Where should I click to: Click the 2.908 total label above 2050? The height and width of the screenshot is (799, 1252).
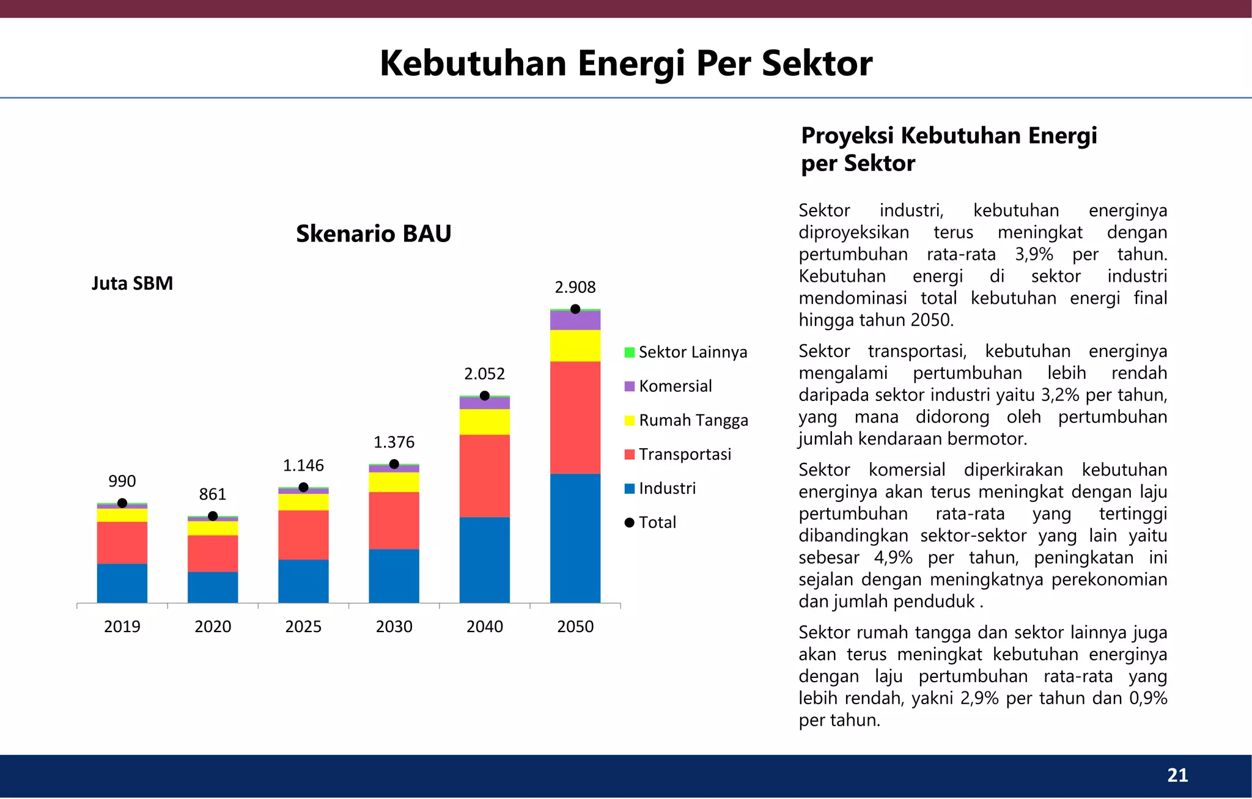(575, 287)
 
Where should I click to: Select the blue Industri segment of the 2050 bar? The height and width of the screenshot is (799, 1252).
(575, 538)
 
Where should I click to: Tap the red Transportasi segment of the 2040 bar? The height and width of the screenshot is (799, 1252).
(484, 476)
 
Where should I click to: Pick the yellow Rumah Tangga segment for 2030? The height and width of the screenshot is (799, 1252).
(394, 482)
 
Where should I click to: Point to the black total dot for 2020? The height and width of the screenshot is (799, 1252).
(213, 516)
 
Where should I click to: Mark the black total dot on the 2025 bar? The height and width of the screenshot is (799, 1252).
(303, 487)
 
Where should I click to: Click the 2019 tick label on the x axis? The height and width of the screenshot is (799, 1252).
(122, 627)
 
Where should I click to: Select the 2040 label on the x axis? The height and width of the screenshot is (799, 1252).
(484, 627)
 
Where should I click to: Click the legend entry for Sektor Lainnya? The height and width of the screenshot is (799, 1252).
(685, 352)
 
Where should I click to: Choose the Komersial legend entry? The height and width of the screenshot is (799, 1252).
(668, 386)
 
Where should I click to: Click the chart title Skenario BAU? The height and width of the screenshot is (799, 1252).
(374, 234)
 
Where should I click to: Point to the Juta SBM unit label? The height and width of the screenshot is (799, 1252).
(132, 284)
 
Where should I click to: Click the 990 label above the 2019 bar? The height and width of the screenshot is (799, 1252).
(122, 481)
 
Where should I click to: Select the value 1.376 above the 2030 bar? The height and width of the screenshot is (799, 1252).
(394, 442)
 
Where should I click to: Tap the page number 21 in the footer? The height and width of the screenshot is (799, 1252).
(1177, 775)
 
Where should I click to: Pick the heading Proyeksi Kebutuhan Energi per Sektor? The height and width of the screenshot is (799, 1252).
(949, 149)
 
